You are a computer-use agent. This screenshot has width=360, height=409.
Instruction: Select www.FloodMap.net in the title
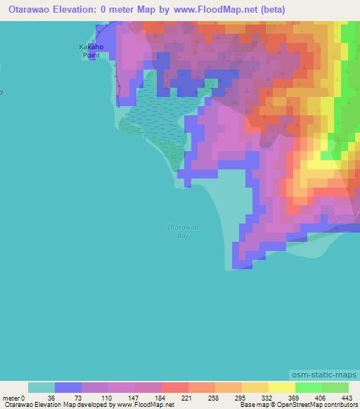219,10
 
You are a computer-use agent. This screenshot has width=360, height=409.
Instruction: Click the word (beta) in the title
271,10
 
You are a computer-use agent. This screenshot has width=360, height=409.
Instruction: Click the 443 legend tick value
348,398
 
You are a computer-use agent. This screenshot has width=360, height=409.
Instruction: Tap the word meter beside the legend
12,398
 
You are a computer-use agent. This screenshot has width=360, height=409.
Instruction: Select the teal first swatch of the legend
41,387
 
